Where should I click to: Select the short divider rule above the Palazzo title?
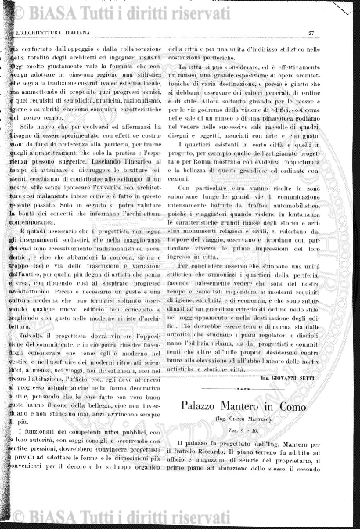pos(244,389)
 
